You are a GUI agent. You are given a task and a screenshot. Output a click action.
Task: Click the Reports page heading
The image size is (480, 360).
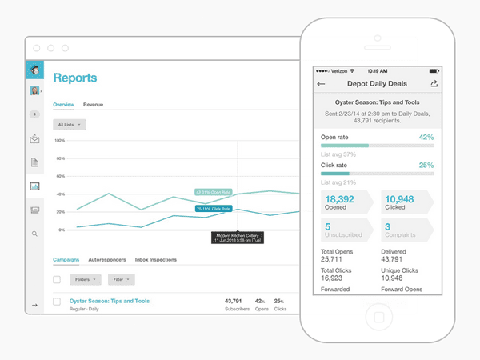(74, 78)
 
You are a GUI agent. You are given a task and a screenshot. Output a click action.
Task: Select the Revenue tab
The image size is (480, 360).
(93, 105)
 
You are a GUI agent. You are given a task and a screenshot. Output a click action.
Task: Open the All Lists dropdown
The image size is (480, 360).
(70, 125)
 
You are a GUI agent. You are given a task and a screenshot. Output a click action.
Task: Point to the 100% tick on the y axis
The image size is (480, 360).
(59, 140)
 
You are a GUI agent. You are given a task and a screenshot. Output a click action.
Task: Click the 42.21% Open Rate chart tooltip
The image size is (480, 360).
(214, 192)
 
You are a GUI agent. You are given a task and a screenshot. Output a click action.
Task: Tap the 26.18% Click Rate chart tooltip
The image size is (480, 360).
(214, 209)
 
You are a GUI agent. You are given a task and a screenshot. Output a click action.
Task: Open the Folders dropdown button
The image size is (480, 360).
(85, 280)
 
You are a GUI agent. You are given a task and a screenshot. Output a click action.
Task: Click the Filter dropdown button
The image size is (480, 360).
(121, 280)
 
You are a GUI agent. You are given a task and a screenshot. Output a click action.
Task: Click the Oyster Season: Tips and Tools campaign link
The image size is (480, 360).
(109, 301)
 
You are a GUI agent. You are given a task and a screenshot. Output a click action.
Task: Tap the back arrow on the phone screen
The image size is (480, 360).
(322, 83)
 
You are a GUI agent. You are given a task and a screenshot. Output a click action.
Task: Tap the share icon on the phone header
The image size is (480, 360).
(434, 83)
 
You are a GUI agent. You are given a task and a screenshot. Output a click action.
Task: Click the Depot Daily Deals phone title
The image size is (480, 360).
(377, 83)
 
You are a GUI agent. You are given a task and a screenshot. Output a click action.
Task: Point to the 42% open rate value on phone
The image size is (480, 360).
(426, 137)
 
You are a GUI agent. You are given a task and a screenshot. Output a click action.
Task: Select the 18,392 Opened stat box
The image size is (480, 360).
(344, 202)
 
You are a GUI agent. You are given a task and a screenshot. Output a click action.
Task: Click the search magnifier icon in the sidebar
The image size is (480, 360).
(34, 234)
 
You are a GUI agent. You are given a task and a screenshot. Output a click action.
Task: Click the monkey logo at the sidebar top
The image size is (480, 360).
(35, 70)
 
